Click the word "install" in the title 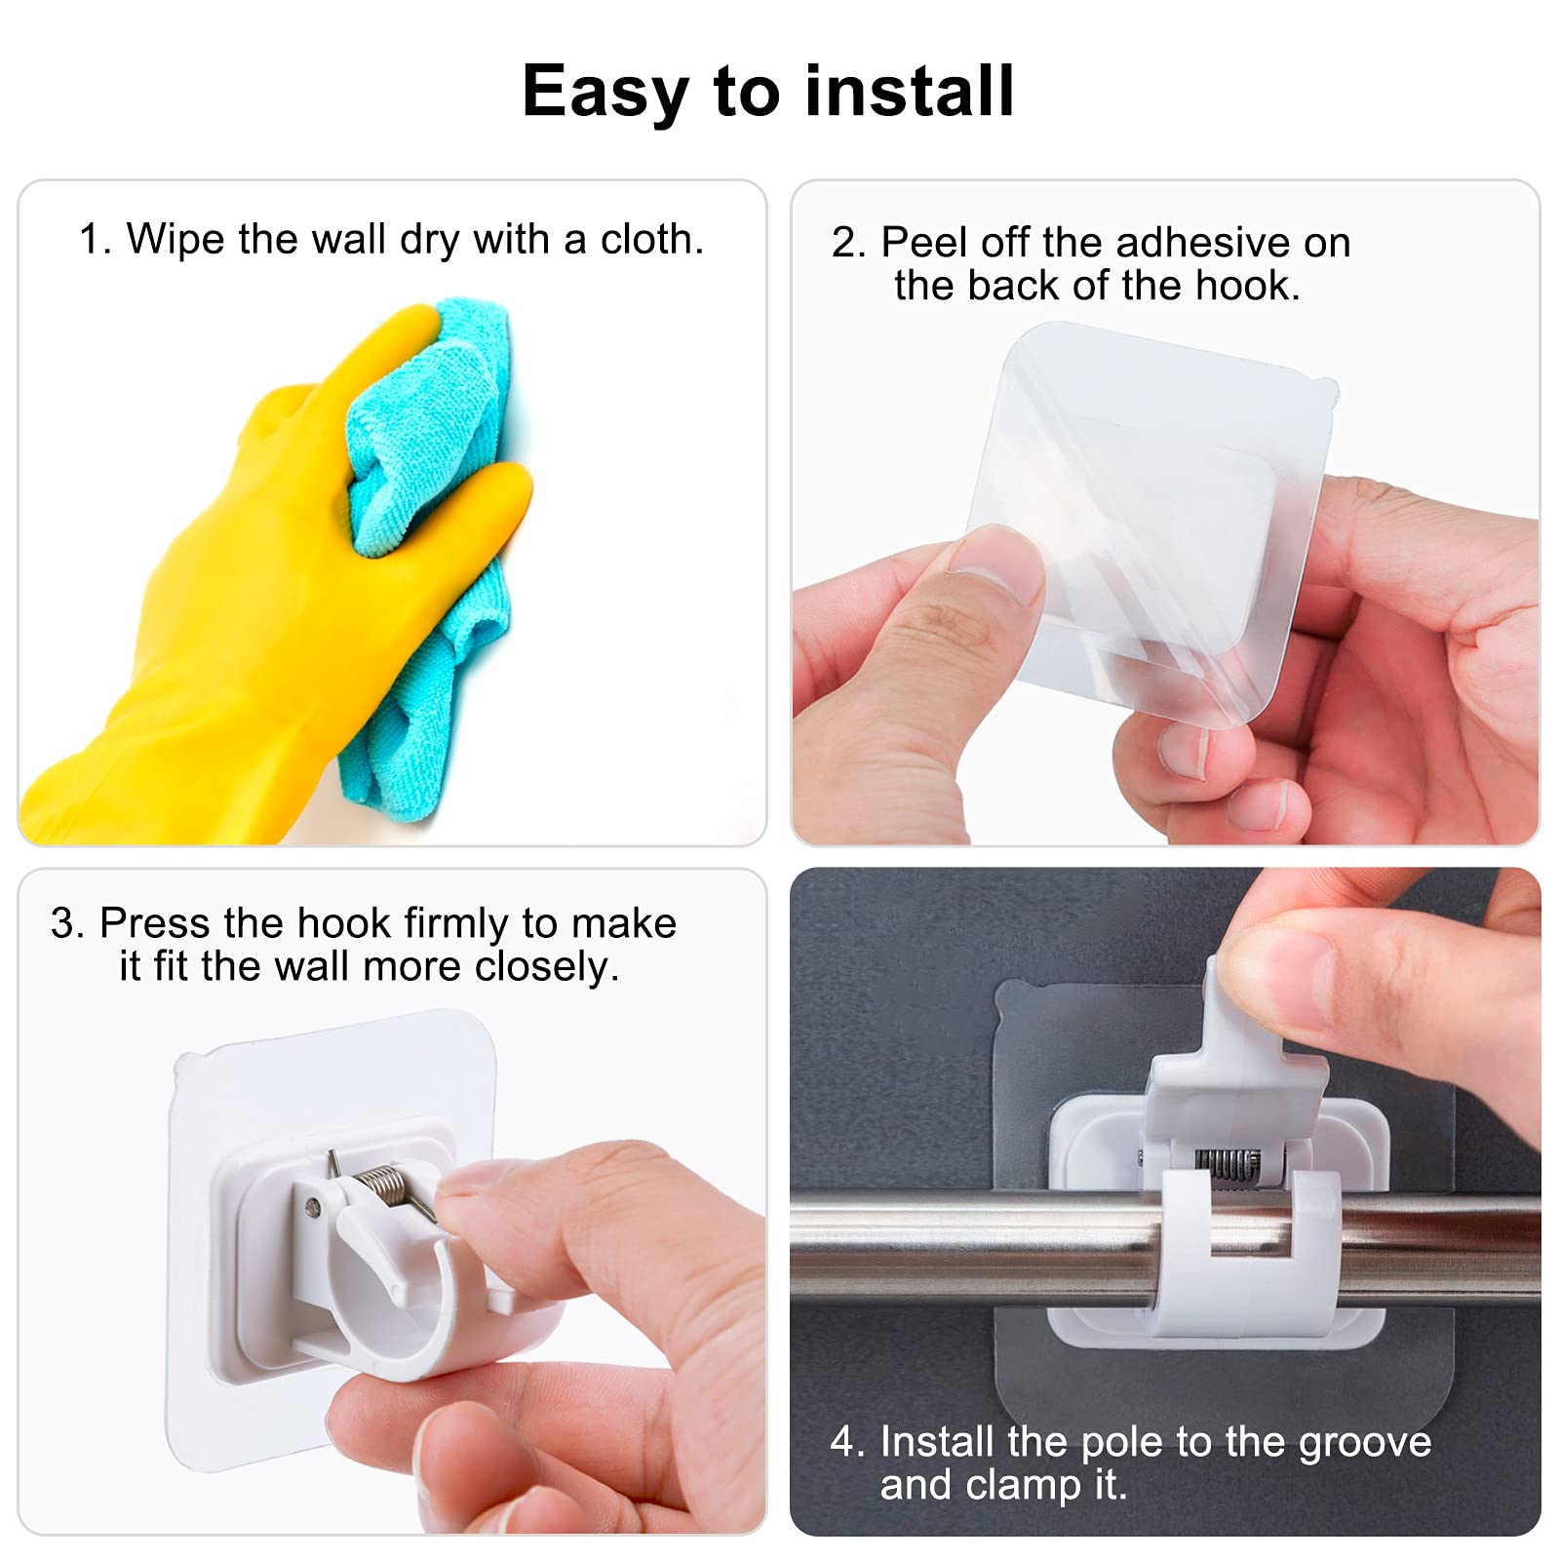click(909, 91)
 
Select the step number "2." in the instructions click(848, 242)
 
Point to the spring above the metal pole click(1228, 1164)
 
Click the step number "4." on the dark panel click(847, 1442)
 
